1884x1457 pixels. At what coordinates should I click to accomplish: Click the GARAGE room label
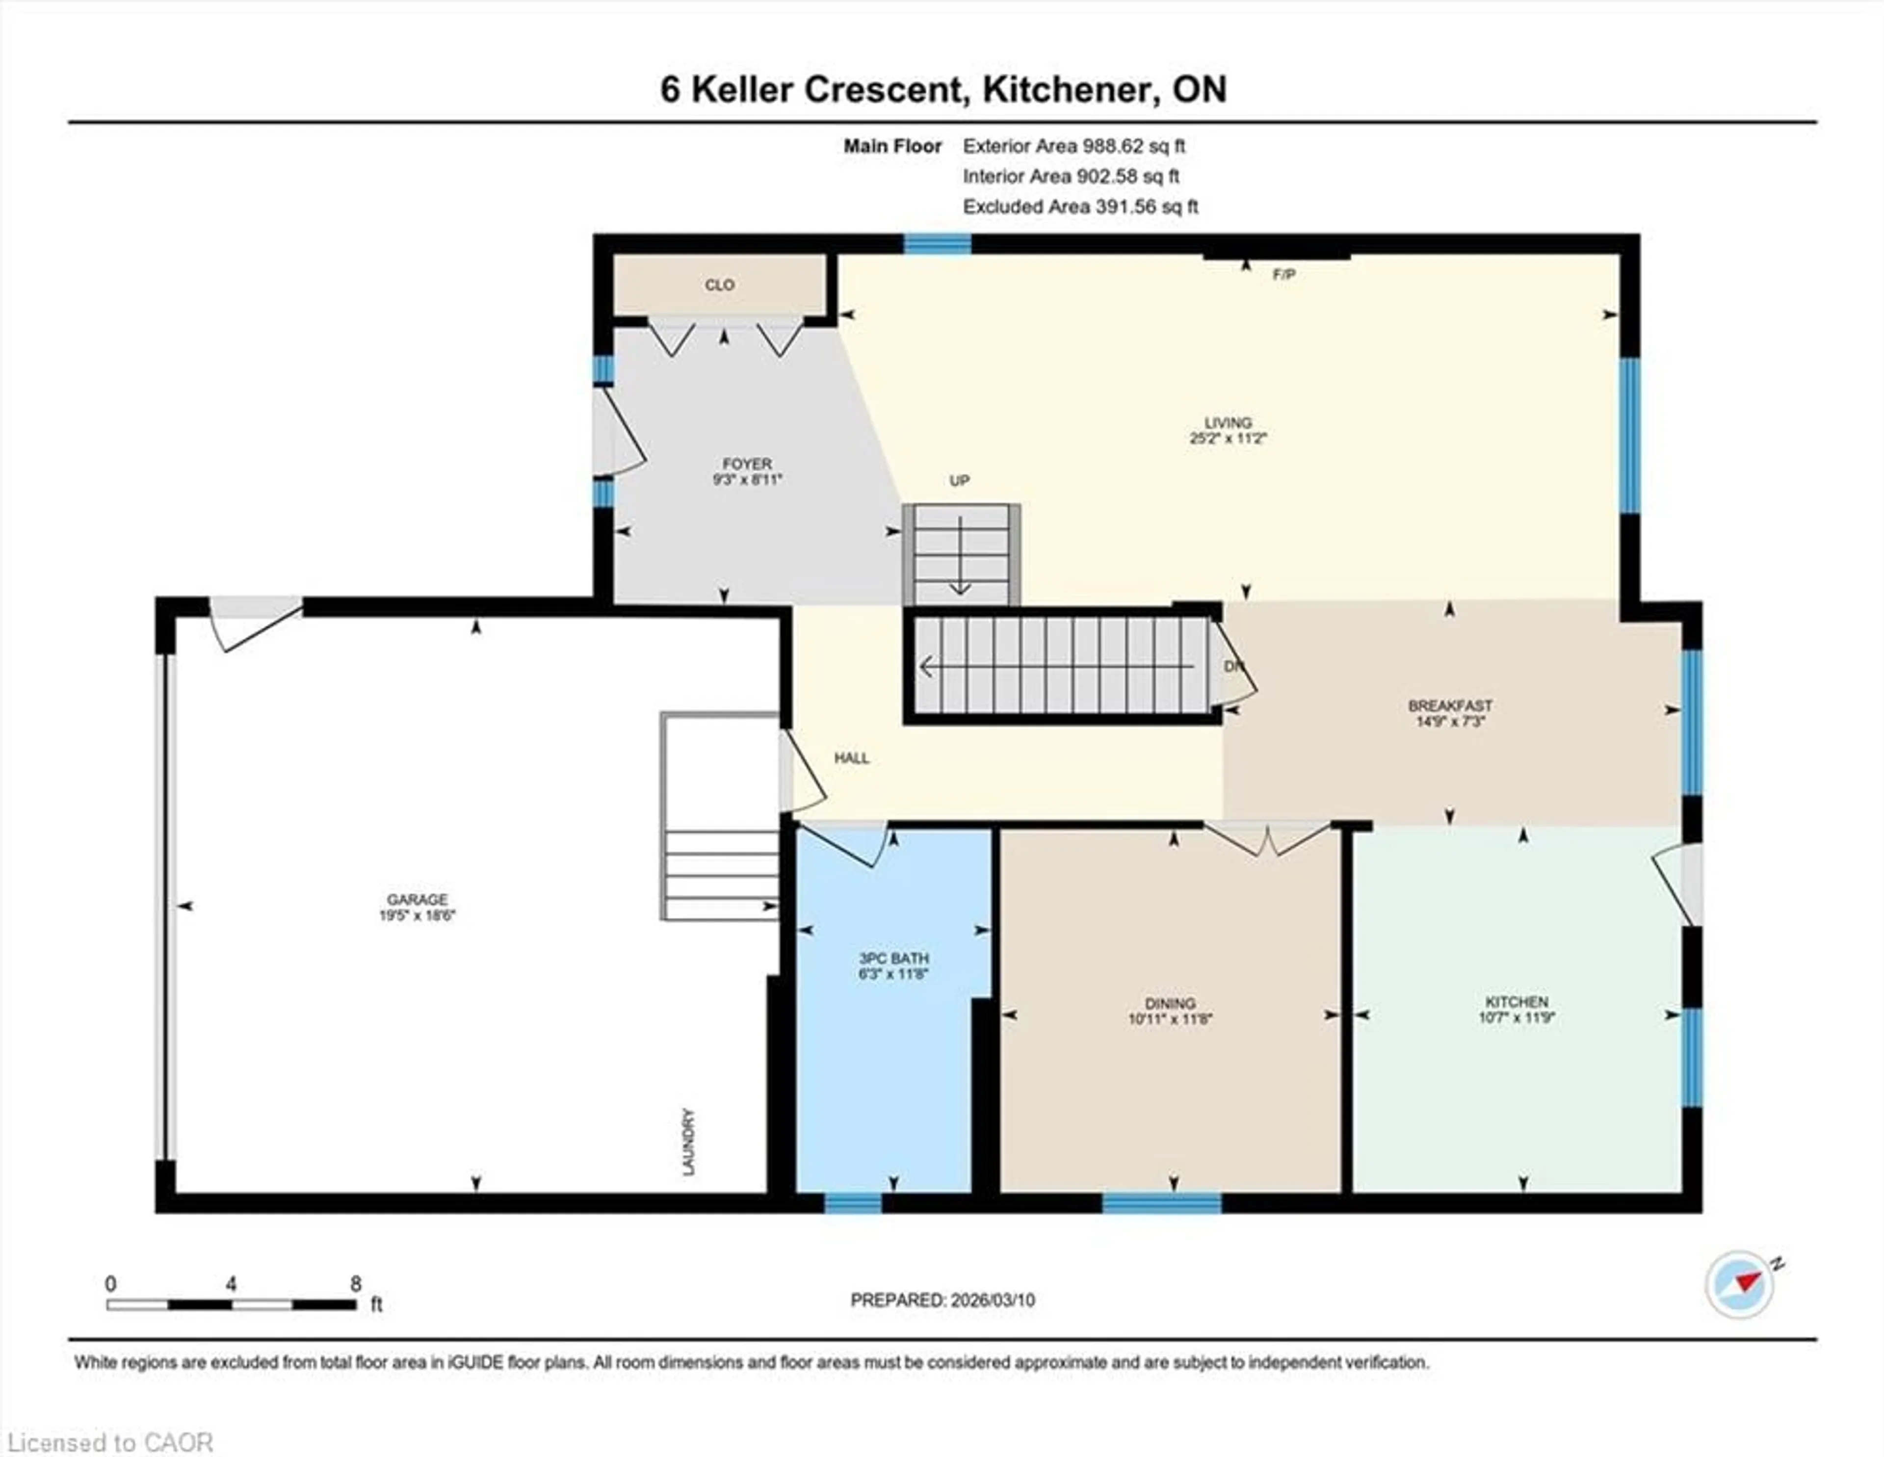(x=417, y=899)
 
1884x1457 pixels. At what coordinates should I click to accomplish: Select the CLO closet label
(x=719, y=285)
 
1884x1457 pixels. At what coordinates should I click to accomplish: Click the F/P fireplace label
(x=1283, y=274)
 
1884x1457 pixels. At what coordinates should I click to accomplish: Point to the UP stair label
(x=959, y=480)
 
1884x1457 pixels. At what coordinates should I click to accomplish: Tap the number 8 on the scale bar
(x=355, y=1284)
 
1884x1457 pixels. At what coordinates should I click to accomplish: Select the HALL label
(x=851, y=758)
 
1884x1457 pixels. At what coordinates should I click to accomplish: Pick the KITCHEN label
(x=1517, y=1002)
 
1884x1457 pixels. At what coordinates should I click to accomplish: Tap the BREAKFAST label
(x=1450, y=705)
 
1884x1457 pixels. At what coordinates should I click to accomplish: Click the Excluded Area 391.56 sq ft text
(x=1080, y=207)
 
